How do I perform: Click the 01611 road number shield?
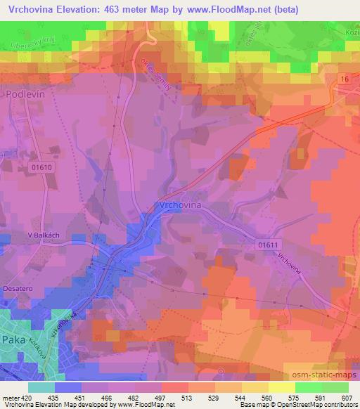click(x=268, y=242)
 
